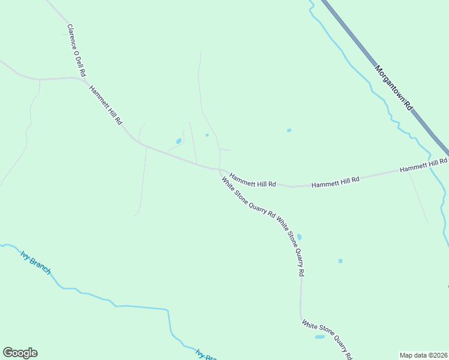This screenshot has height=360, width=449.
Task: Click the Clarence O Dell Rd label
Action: [x=75, y=51]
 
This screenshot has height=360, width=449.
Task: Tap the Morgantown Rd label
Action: [x=394, y=88]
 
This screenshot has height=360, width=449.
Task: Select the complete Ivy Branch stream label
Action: [x=35, y=262]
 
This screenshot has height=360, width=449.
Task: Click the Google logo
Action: [x=20, y=353]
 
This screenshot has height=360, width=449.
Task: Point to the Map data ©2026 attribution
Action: [x=423, y=355]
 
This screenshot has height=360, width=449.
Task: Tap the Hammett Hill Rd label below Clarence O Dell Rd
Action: [x=106, y=105]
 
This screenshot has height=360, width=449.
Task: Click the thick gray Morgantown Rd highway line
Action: [x=360, y=45]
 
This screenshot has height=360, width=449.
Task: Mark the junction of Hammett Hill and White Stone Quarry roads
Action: [x=220, y=170]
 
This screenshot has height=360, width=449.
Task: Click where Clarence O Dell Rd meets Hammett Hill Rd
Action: [x=85, y=79]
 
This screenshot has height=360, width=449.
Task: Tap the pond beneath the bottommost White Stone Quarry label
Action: [x=319, y=337]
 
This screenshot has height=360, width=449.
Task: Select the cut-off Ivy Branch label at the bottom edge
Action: [x=205, y=354]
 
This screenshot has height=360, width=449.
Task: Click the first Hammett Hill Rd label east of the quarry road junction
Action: [x=253, y=180]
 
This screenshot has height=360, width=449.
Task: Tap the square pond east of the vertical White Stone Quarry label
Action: [x=340, y=261]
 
